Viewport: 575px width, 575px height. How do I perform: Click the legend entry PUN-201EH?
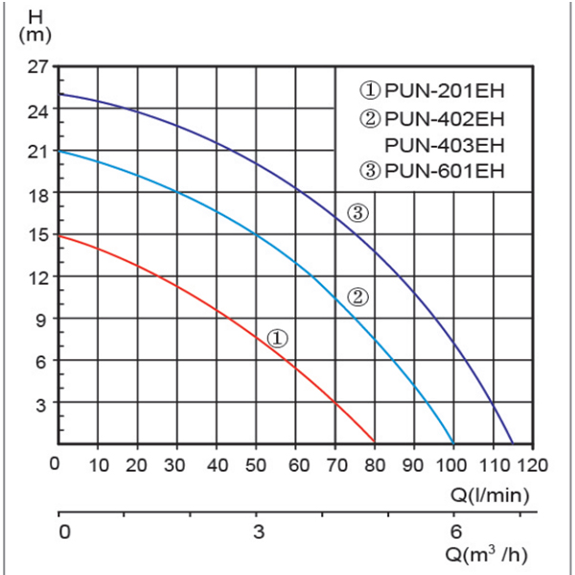pos(432,92)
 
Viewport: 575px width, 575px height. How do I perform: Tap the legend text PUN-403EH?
pos(444,147)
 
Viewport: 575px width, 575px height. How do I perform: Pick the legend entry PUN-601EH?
pos(432,172)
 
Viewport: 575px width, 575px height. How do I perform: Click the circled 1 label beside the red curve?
pos(277,338)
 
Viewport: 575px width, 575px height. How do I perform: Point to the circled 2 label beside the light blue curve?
pos(357,296)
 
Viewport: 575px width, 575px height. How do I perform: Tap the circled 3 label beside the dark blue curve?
pos(357,214)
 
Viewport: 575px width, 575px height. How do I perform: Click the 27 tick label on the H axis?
pos(37,67)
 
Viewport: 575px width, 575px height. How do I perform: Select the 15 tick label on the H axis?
pos(37,235)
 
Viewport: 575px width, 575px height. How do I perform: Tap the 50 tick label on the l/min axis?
pos(256,467)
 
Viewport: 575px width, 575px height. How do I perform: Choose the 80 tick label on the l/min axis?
pos(374,467)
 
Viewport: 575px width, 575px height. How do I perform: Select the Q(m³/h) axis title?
pos(486,554)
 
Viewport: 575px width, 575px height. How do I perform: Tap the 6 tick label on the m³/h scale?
pos(454,531)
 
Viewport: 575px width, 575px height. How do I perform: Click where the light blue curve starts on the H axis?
pos(60,150)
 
